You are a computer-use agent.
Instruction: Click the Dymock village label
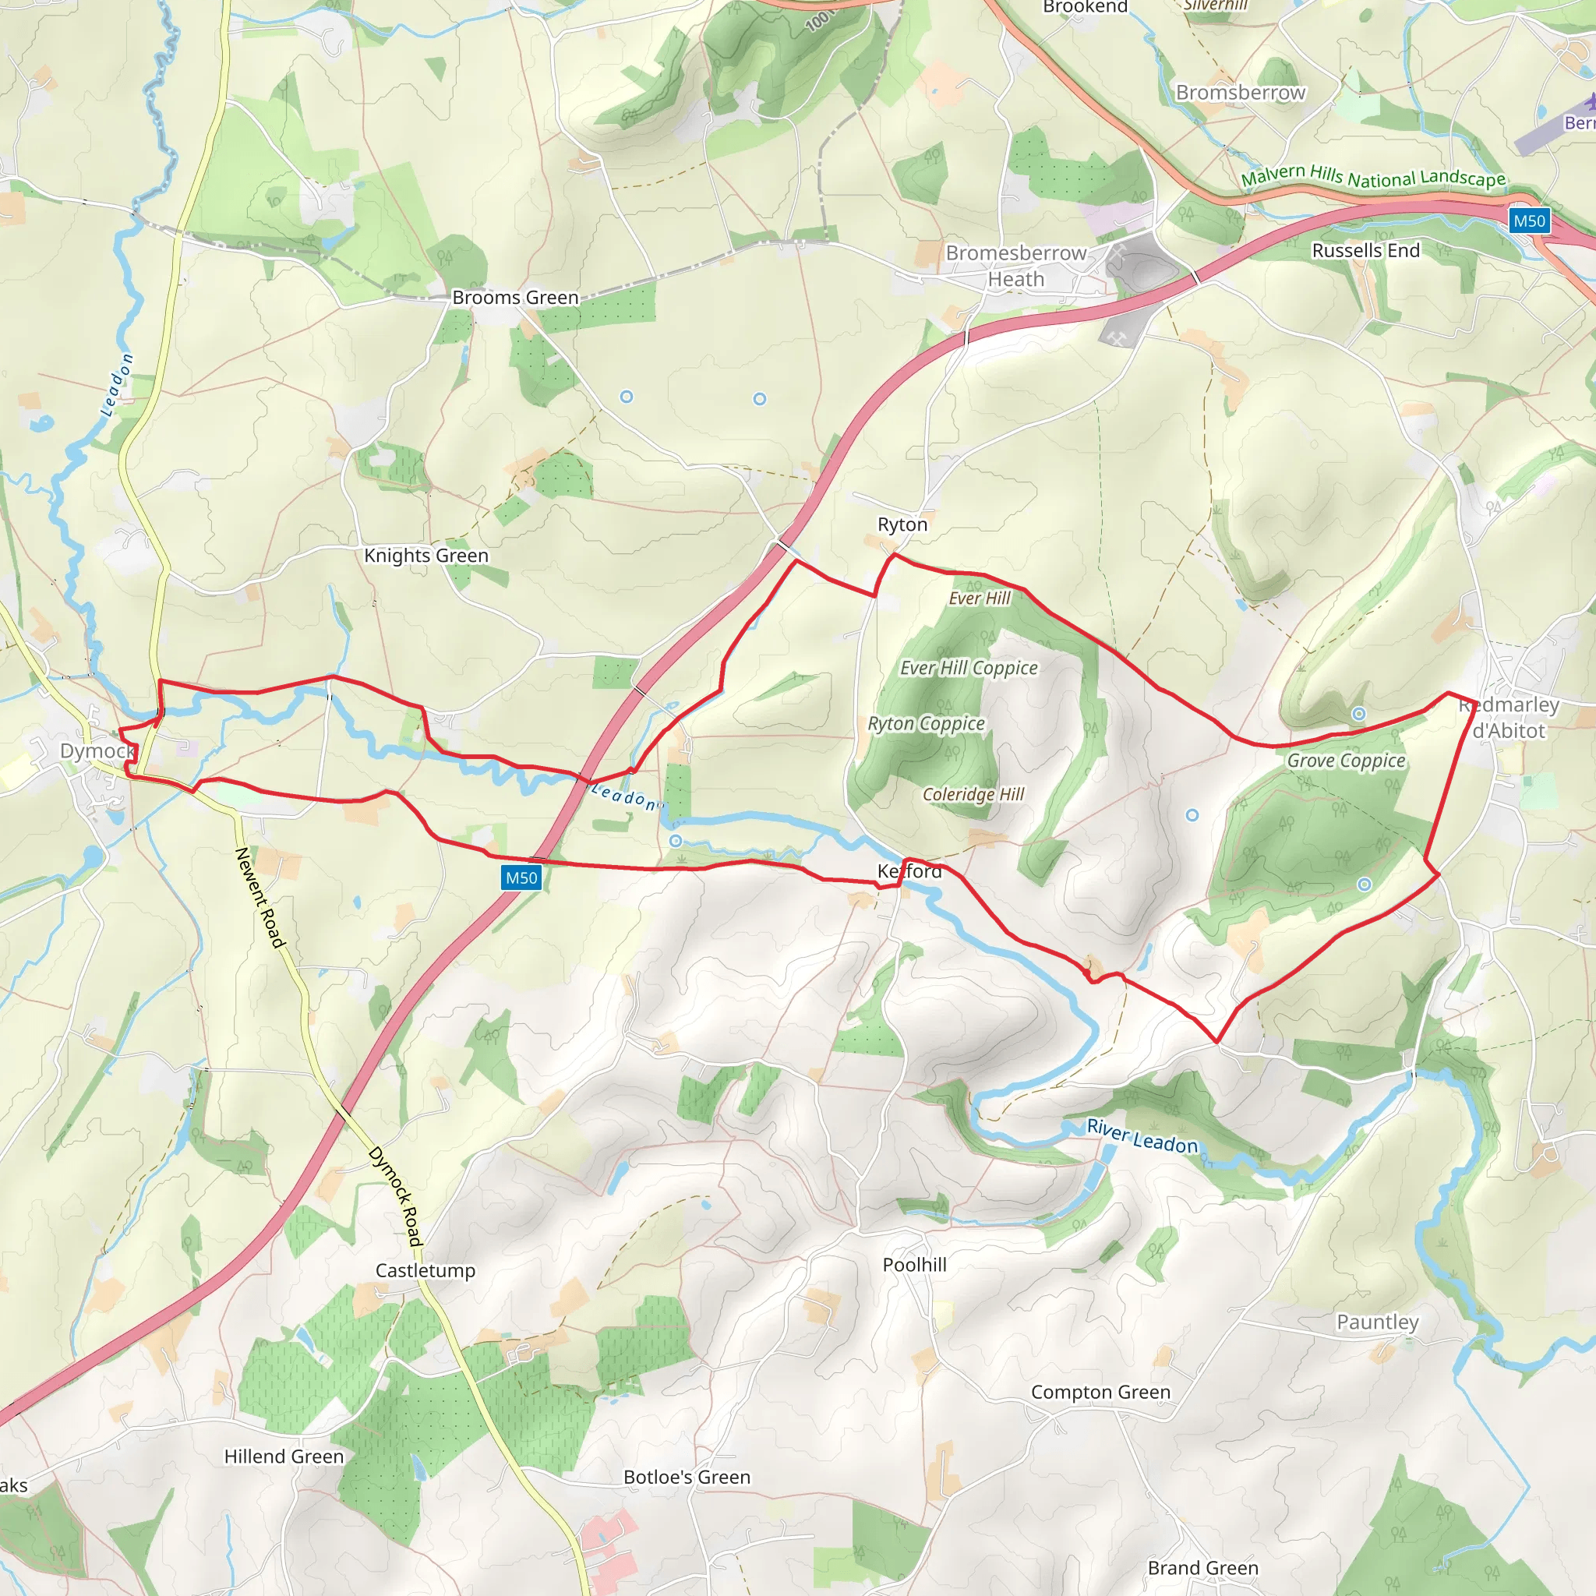[x=97, y=751]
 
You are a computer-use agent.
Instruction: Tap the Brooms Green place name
[x=515, y=298]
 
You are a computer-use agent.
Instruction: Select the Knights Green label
[x=426, y=555]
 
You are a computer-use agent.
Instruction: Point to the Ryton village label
[x=902, y=524]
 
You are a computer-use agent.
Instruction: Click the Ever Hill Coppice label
[x=968, y=668]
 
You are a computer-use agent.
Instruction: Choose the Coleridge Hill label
[x=973, y=794]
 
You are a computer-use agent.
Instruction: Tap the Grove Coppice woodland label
[x=1346, y=760]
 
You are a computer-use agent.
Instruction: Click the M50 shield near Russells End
[x=1529, y=221]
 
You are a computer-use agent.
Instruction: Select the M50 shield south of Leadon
[x=521, y=878]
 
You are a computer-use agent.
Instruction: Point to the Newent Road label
[x=260, y=897]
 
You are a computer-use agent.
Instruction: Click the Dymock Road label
[x=395, y=1195]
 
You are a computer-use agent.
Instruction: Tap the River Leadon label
[x=1142, y=1137]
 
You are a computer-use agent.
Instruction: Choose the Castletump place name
[x=425, y=1270]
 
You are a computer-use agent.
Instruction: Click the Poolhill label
[x=914, y=1265]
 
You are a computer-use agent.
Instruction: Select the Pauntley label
[x=1377, y=1322]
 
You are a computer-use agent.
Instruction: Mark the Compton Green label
[x=1100, y=1392]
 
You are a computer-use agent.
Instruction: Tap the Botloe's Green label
[x=687, y=1477]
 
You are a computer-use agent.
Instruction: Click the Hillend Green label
[x=284, y=1457]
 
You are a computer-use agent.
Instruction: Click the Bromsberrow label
[x=1240, y=93]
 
